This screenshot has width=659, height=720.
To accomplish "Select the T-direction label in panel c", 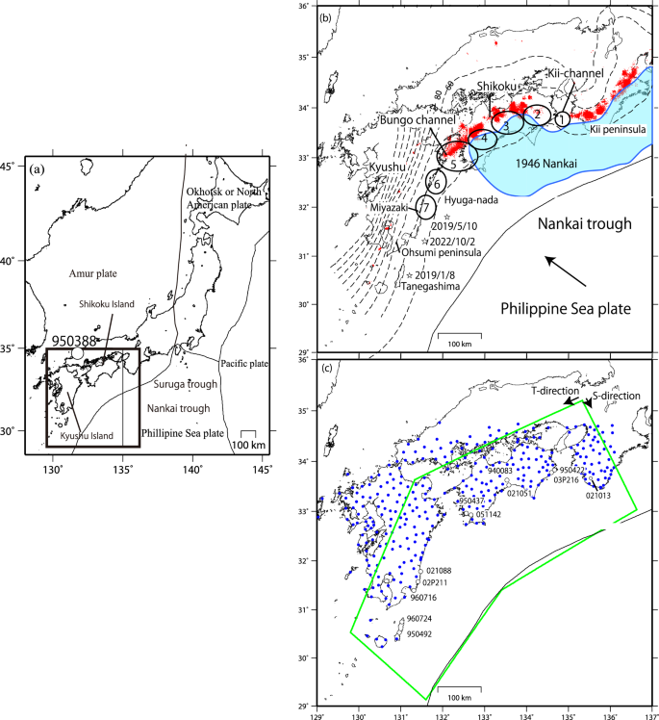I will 553,392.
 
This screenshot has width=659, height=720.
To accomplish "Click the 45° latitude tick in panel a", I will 17,167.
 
